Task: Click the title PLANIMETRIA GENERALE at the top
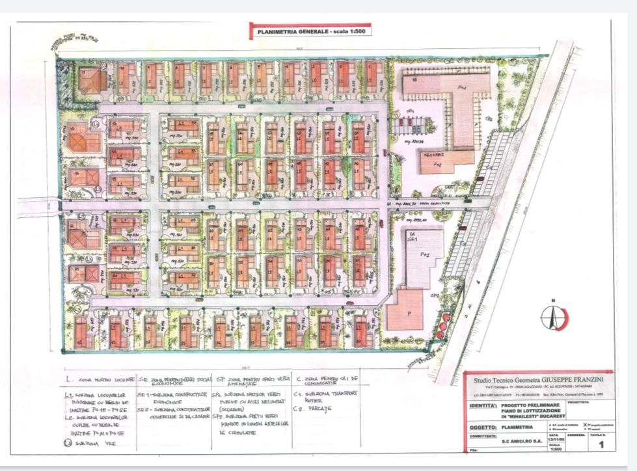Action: click(x=292, y=31)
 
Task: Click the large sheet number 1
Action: click(x=601, y=445)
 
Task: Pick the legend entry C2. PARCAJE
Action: click(x=313, y=409)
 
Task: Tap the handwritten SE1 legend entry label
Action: click(x=144, y=394)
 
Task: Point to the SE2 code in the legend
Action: click(x=144, y=410)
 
